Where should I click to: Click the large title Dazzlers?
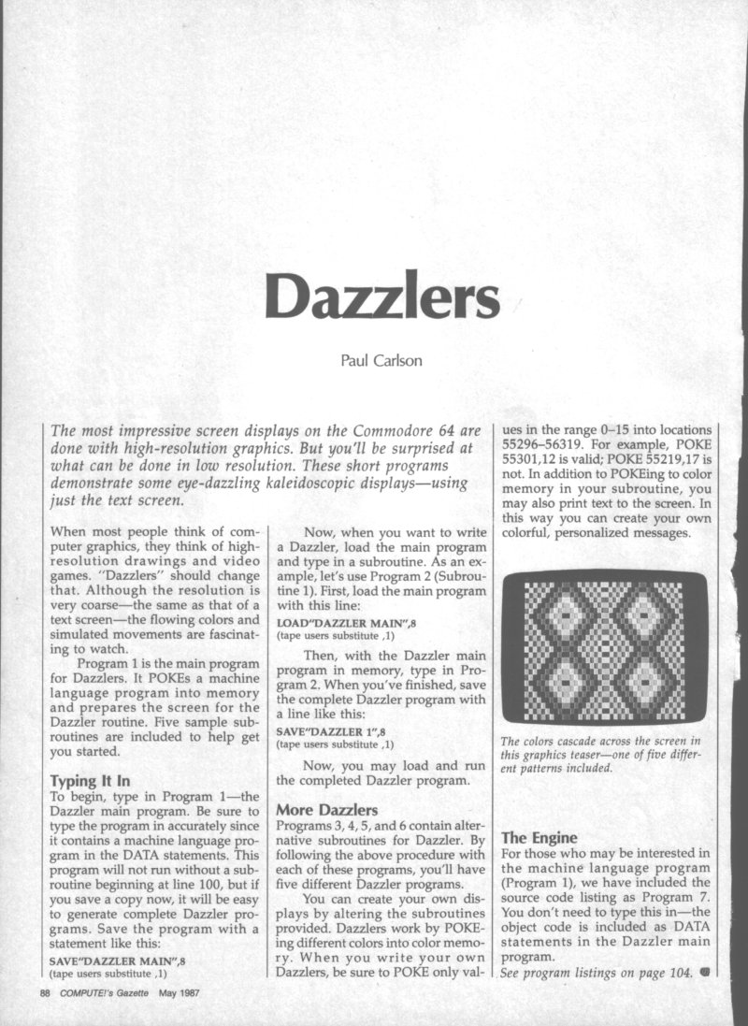(382, 296)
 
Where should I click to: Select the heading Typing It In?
(91, 782)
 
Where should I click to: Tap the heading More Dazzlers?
(325, 809)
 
